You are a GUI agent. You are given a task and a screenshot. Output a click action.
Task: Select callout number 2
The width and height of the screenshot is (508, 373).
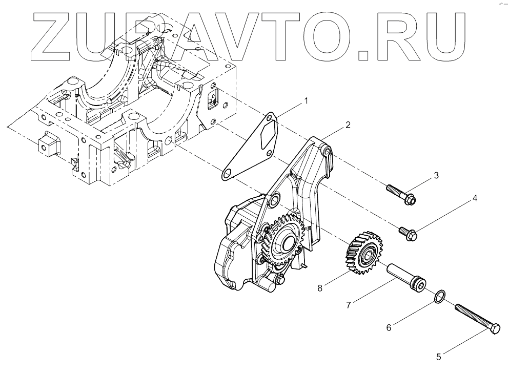[x=348, y=125]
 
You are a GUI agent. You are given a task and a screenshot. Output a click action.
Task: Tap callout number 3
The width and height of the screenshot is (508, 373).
[x=436, y=176]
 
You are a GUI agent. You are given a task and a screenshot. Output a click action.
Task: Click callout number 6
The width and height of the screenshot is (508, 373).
[x=388, y=326]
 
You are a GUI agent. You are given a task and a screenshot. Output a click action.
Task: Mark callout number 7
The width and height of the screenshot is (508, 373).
[x=348, y=305]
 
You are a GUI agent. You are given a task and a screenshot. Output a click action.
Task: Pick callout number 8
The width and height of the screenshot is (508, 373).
[x=320, y=288]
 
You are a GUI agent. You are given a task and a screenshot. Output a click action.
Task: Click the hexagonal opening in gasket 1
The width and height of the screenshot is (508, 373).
[x=267, y=135]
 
